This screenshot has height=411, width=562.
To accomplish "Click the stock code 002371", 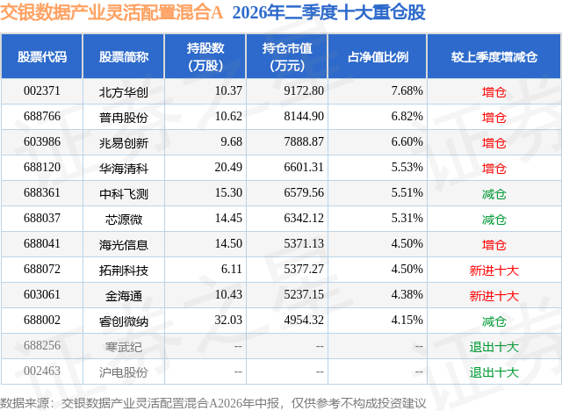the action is [42, 91].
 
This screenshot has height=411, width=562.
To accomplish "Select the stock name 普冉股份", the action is [124, 118].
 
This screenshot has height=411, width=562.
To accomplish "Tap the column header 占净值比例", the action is [378, 56].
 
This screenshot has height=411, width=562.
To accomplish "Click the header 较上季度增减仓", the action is [494, 56].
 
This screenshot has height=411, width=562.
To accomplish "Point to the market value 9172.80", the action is [304, 91].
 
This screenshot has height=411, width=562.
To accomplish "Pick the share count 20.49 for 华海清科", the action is [228, 168].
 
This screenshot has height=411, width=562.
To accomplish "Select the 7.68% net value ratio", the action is [407, 91].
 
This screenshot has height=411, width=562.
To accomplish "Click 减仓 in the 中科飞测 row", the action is [494, 194].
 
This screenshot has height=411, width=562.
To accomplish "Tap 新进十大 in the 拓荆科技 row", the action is [494, 270].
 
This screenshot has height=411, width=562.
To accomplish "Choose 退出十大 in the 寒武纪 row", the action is [494, 347].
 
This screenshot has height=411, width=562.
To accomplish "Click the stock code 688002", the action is [42, 320].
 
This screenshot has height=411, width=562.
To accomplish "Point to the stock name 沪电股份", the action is [124, 372].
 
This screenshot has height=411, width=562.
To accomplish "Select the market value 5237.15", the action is [304, 294].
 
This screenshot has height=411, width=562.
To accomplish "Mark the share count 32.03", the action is [228, 320].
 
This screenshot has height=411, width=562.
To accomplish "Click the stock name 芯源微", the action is [124, 220].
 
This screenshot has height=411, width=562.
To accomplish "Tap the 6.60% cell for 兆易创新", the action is [407, 142].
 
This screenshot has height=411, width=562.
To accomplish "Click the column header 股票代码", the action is [42, 56].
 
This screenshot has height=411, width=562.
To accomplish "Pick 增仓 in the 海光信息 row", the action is [494, 245].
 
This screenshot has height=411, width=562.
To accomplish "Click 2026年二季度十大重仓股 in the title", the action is [328, 12].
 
